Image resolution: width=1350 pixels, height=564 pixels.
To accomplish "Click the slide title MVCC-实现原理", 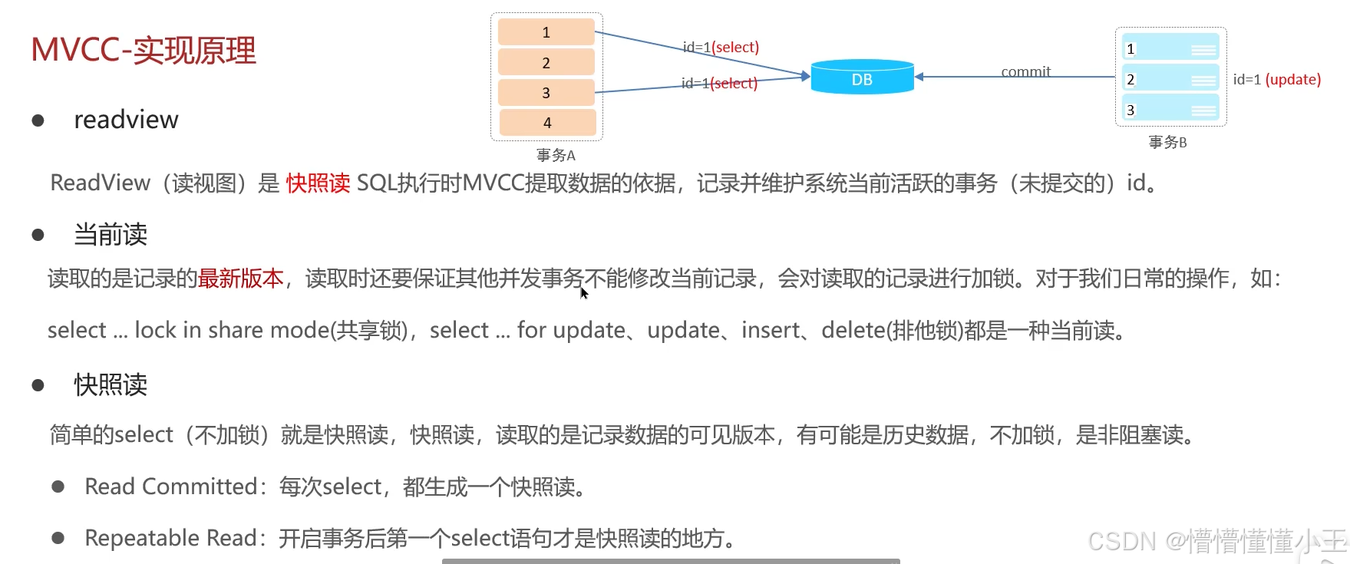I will coord(144,51).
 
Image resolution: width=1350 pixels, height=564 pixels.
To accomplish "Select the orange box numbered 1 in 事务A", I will coord(546,32).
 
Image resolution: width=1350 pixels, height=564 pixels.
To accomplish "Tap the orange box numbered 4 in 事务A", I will coord(547,123).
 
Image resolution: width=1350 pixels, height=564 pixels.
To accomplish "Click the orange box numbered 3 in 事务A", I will coord(546,93).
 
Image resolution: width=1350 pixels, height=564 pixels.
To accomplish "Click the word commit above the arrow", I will coord(1025,71).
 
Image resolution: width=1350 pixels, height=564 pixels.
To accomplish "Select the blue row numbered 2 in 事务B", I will coord(1170,79).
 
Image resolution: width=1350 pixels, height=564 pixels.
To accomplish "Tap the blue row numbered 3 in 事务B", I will coord(1170,110).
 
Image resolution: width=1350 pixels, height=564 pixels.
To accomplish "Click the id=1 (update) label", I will coord(1277,79).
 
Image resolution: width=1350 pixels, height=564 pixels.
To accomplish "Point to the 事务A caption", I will coord(556,155).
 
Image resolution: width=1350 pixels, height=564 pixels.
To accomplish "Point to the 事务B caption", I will coord(1167,142).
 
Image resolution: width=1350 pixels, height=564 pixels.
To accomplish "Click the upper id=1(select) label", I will coord(721,47).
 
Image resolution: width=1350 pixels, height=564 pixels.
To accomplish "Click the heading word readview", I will coord(126,120).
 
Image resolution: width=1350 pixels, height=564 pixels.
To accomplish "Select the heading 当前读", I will coord(111,235).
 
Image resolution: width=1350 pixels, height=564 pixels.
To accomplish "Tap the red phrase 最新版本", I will coord(241,278).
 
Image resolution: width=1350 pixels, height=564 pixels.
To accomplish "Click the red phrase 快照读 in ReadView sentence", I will coord(318,183).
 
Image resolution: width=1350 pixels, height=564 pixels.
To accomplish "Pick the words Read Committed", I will coord(170,486).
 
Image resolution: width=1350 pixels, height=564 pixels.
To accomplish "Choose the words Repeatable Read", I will coord(170,538).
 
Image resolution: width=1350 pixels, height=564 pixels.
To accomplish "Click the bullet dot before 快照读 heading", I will coord(38,385).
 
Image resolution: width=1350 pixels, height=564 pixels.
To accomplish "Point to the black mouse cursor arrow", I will coord(583,292).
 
